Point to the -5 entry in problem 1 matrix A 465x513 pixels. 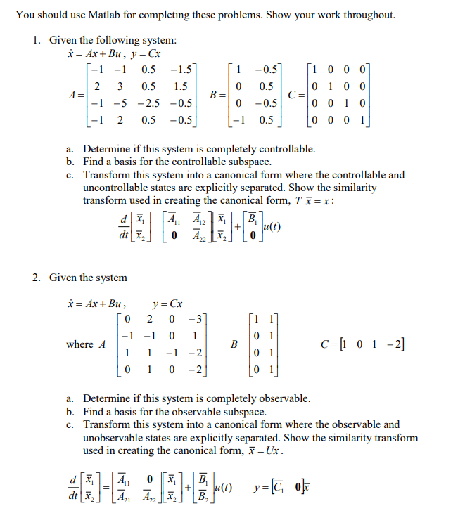(120, 103)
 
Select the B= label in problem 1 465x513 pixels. (219, 94)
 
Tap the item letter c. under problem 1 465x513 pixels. (70, 175)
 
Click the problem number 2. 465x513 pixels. (37, 278)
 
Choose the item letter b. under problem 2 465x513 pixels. (70, 412)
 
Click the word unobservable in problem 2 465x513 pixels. (113, 437)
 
